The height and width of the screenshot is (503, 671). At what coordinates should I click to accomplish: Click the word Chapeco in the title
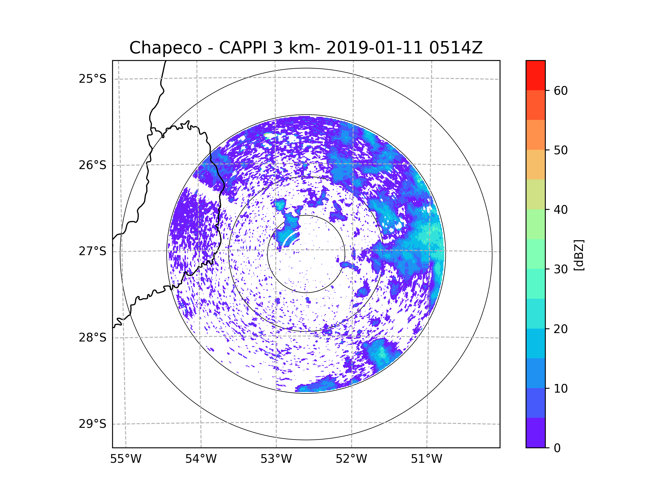165,48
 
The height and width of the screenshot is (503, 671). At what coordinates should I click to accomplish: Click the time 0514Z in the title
456,48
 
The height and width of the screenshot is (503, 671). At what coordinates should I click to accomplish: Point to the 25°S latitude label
93,79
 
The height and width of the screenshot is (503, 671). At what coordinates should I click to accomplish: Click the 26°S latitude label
93,165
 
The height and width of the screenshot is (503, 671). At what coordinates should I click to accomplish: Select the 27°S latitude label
93,251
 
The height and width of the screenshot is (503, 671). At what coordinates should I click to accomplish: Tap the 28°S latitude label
93,338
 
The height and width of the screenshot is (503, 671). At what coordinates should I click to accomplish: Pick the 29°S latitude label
93,424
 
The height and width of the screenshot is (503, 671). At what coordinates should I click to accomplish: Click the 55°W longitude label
126,459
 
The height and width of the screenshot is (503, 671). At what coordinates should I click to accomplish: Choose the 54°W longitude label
201,459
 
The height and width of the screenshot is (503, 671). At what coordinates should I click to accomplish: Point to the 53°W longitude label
276,459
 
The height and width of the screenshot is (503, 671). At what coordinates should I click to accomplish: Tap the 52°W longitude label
351,459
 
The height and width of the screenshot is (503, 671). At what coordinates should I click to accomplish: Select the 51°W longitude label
426,459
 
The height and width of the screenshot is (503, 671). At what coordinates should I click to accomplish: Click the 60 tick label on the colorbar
561,91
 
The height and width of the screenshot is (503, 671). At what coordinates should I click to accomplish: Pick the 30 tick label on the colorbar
561,269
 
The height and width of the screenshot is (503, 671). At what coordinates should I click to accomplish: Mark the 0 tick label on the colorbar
557,448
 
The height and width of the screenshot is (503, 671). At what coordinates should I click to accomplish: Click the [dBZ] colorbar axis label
579,255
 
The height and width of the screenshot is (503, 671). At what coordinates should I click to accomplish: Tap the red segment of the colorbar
535,75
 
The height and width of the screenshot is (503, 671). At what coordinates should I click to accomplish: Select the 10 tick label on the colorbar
561,388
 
